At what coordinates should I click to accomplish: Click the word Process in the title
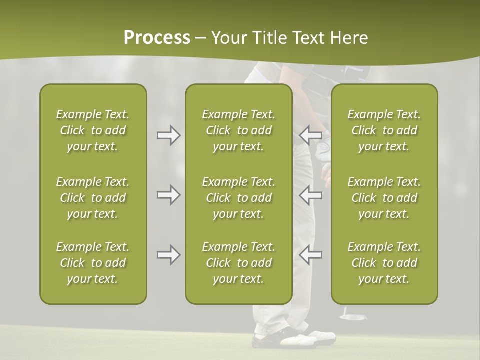(157, 38)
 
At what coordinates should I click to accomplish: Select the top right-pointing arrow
(168, 135)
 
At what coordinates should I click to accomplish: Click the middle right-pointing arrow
(168, 195)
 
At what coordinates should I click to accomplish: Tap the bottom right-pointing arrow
(168, 255)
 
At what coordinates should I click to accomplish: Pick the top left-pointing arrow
(310, 135)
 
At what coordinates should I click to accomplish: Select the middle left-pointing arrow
(310, 195)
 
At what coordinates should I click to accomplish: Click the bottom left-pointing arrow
(310, 255)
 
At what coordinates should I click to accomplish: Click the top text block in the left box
(93, 130)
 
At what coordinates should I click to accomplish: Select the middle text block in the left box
(93, 198)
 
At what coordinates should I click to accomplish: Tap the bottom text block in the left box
(93, 263)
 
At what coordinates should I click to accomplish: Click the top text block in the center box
(238, 130)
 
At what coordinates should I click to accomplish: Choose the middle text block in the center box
(238, 198)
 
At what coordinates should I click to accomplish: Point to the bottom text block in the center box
(238, 263)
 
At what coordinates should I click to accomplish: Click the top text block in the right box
(384, 130)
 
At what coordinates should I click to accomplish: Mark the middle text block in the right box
(384, 198)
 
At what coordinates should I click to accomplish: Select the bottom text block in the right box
(384, 263)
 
